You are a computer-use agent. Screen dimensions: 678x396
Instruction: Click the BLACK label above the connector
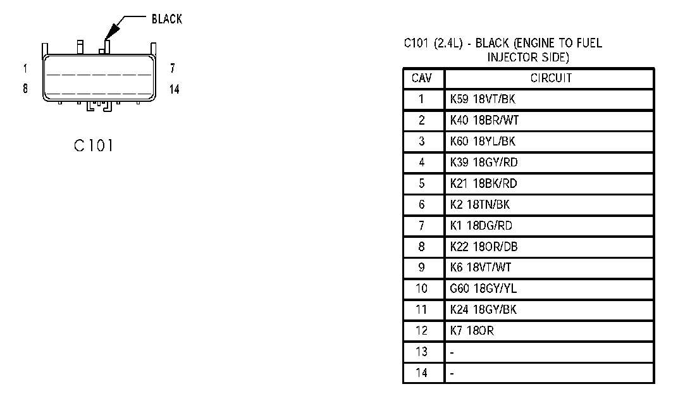(166, 19)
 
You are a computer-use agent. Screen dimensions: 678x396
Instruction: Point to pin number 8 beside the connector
(25, 89)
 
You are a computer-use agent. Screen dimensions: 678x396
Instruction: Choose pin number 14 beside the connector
(174, 89)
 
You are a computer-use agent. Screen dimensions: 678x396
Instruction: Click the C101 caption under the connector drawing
(94, 145)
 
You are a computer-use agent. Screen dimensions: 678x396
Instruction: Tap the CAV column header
(422, 78)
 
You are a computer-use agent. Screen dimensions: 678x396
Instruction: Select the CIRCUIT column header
(550, 78)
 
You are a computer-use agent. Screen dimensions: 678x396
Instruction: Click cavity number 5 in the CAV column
(422, 183)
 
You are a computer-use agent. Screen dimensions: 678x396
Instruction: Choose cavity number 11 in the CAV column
(422, 310)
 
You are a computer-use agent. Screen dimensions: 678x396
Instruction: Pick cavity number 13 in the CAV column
(422, 352)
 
